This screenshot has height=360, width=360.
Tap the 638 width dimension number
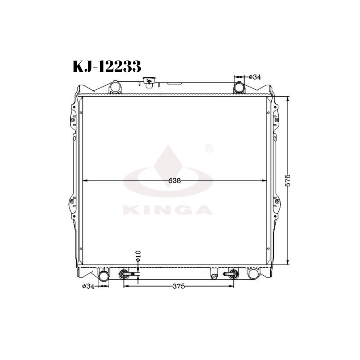pyautogui.click(x=174, y=181)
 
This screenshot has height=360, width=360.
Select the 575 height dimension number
pyautogui.click(x=288, y=181)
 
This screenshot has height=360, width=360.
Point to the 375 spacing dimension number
pyautogui.click(x=178, y=286)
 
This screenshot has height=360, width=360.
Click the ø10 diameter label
pyautogui.click(x=138, y=255)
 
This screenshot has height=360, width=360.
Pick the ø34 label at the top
pyautogui.click(x=255, y=77)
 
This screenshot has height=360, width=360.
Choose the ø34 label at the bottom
pyautogui.click(x=88, y=286)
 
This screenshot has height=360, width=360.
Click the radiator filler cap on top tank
pyautogui.click(x=148, y=81)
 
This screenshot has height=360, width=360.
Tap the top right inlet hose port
pyautogui.click(x=239, y=88)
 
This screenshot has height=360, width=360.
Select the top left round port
pyautogui.click(x=115, y=87)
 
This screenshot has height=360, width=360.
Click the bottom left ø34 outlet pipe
pyautogui.click(x=104, y=275)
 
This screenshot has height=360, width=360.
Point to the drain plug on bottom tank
pyautogui.click(x=214, y=277)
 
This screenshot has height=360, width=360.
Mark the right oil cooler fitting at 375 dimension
pyautogui.click(x=233, y=274)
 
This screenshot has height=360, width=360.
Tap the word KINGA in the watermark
pyautogui.click(x=168, y=210)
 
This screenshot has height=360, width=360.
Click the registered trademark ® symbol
pyautogui.click(x=209, y=148)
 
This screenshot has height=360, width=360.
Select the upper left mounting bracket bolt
pyautogui.click(x=72, y=120)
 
